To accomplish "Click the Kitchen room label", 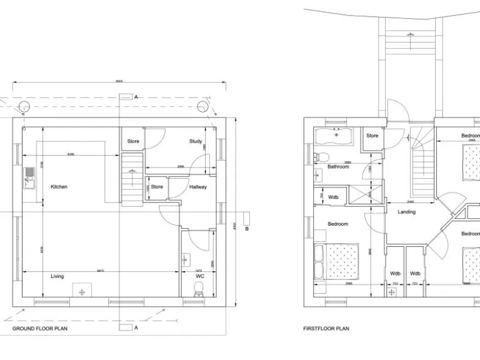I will [59, 187].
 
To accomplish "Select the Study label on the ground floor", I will [195, 142].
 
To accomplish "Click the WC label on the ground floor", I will [200, 276].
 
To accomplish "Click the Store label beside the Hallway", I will [157, 187].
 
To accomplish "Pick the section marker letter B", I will [247, 229].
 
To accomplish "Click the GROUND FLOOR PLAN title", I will [40, 328].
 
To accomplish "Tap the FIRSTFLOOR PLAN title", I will [326, 328].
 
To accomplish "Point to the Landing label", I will [406, 212].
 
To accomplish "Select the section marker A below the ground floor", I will [136, 327].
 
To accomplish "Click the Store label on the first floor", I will [372, 136].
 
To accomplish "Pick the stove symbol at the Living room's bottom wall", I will [81, 291].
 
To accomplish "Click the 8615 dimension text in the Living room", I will [100, 270].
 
